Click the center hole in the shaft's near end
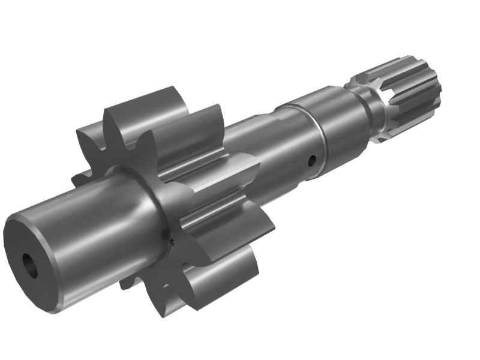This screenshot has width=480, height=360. [x=29, y=265]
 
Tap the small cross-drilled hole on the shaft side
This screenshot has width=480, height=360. [x=311, y=160]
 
